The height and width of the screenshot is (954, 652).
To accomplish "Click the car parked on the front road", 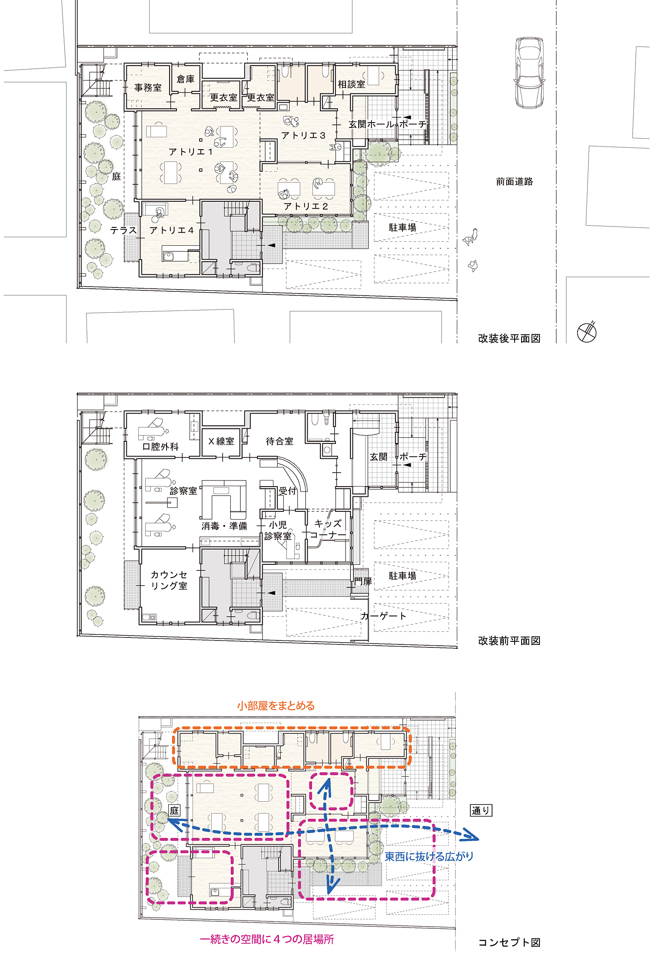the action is pos(529,72).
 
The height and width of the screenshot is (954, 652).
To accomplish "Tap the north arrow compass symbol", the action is pos(587,333).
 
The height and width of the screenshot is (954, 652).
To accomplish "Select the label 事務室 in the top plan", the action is pos(148,88).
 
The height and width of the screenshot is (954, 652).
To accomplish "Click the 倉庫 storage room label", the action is pos(186,79).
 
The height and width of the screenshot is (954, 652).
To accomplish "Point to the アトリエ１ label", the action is pos(191,152).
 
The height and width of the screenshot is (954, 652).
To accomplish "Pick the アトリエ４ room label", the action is pos(172,230).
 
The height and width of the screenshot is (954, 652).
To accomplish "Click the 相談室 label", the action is pos(352,84).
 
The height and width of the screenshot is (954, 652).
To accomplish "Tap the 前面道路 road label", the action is pos(515,182).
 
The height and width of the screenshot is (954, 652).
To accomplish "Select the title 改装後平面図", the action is pos(509,338).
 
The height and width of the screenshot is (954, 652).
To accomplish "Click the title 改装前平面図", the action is pos(509,641).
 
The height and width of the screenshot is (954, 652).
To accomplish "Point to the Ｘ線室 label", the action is pos(221,441).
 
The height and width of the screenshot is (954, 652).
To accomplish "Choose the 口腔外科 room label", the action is pos(160,447).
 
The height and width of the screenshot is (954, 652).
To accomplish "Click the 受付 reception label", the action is pos(287,491).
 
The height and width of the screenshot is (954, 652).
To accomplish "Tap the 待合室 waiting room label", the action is pos(279,441).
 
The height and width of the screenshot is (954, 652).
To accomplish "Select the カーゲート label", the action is pos(384,616).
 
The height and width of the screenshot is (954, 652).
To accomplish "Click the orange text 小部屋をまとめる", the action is pos(276,706).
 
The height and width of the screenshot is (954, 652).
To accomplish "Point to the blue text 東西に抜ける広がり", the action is pos(429,856).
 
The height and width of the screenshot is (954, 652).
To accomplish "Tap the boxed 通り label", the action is pos(481,811).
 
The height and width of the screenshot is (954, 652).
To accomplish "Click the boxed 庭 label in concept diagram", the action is pos(174,811).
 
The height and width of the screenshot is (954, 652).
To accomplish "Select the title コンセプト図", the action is pos(509,942).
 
